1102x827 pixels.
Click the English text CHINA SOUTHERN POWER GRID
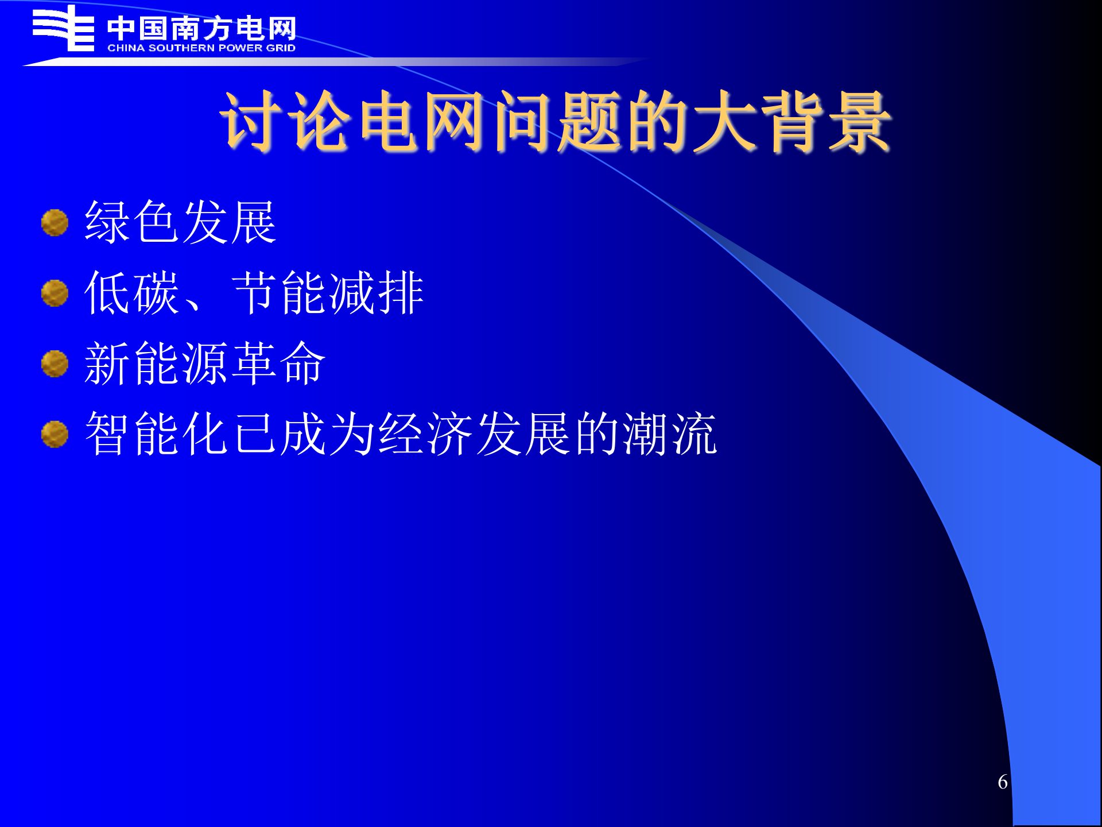tap(201, 48)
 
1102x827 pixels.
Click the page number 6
tap(1002, 782)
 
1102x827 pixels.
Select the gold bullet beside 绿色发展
tap(55, 223)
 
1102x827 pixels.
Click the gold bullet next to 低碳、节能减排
tap(55, 293)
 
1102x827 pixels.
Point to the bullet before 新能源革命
tap(55, 364)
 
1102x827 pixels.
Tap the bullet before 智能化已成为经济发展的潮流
tap(55, 434)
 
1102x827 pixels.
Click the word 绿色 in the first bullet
tap(132, 222)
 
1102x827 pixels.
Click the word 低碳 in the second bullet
tap(132, 293)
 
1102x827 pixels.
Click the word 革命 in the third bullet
tap(279, 364)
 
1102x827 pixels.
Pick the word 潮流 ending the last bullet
tap(669, 434)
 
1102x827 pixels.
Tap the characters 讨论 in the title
tap(285, 122)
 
